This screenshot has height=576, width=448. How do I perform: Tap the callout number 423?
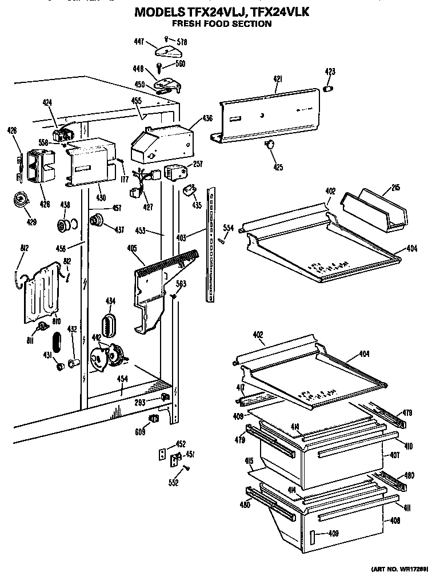[330, 72]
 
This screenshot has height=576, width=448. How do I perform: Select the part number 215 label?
[396, 188]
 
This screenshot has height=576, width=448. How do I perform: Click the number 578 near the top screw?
[182, 42]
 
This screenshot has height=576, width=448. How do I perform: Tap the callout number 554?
[228, 228]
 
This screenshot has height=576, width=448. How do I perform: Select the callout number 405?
[132, 248]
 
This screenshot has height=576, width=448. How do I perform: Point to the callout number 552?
[174, 483]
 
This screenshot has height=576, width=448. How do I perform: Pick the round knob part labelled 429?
[22, 199]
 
